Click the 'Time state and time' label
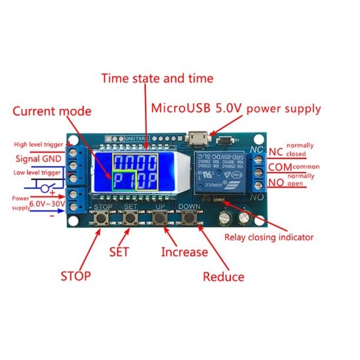[x=157, y=78]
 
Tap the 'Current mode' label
[x=52, y=111]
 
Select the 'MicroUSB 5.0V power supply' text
[x=236, y=108]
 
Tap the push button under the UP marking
[x=158, y=218]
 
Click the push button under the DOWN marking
[x=189, y=218]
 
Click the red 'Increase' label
[x=184, y=252]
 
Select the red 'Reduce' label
[x=223, y=276]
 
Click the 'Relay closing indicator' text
[x=269, y=238]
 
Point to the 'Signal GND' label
[x=37, y=158]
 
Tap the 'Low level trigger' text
[x=37, y=173]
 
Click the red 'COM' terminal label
[x=280, y=167]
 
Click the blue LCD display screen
[x=136, y=171]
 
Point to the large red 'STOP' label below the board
[x=75, y=276]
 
